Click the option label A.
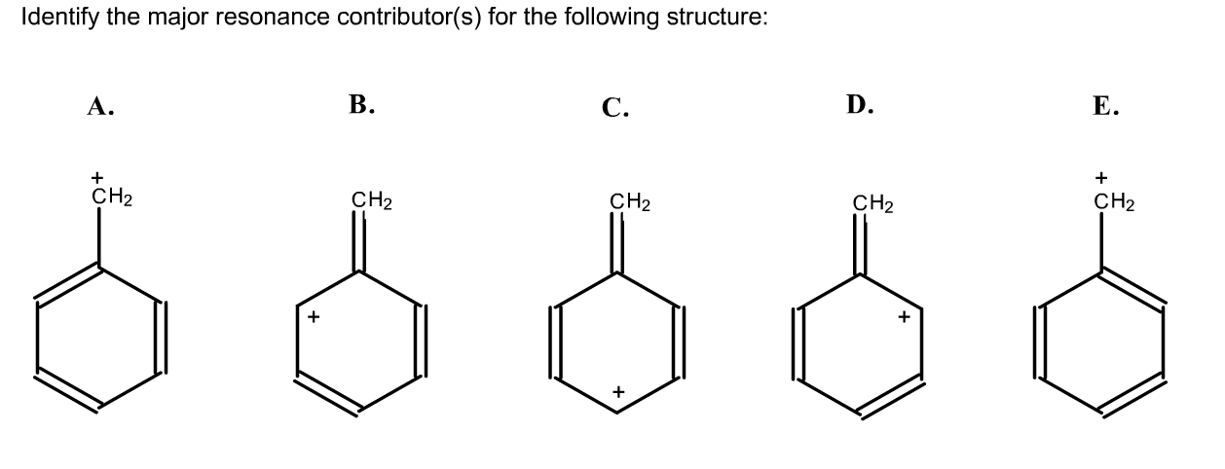pyautogui.click(x=97, y=107)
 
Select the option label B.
pyautogui.click(x=361, y=105)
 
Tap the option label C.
pyautogui.click(x=614, y=107)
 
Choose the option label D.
pyautogui.click(x=860, y=105)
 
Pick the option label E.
pyautogui.click(x=1105, y=107)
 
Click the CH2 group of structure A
pyautogui.click(x=112, y=197)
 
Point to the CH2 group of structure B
pyautogui.click(x=372, y=202)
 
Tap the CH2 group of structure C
pyautogui.click(x=630, y=202)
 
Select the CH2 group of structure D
pyautogui.click(x=873, y=204)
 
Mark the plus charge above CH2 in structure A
pyautogui.click(x=96, y=178)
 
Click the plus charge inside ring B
pyautogui.click(x=313, y=316)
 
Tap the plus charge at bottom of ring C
pyautogui.click(x=616, y=391)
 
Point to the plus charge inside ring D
pyautogui.click(x=904, y=316)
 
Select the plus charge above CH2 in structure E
pyautogui.click(x=1100, y=178)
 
